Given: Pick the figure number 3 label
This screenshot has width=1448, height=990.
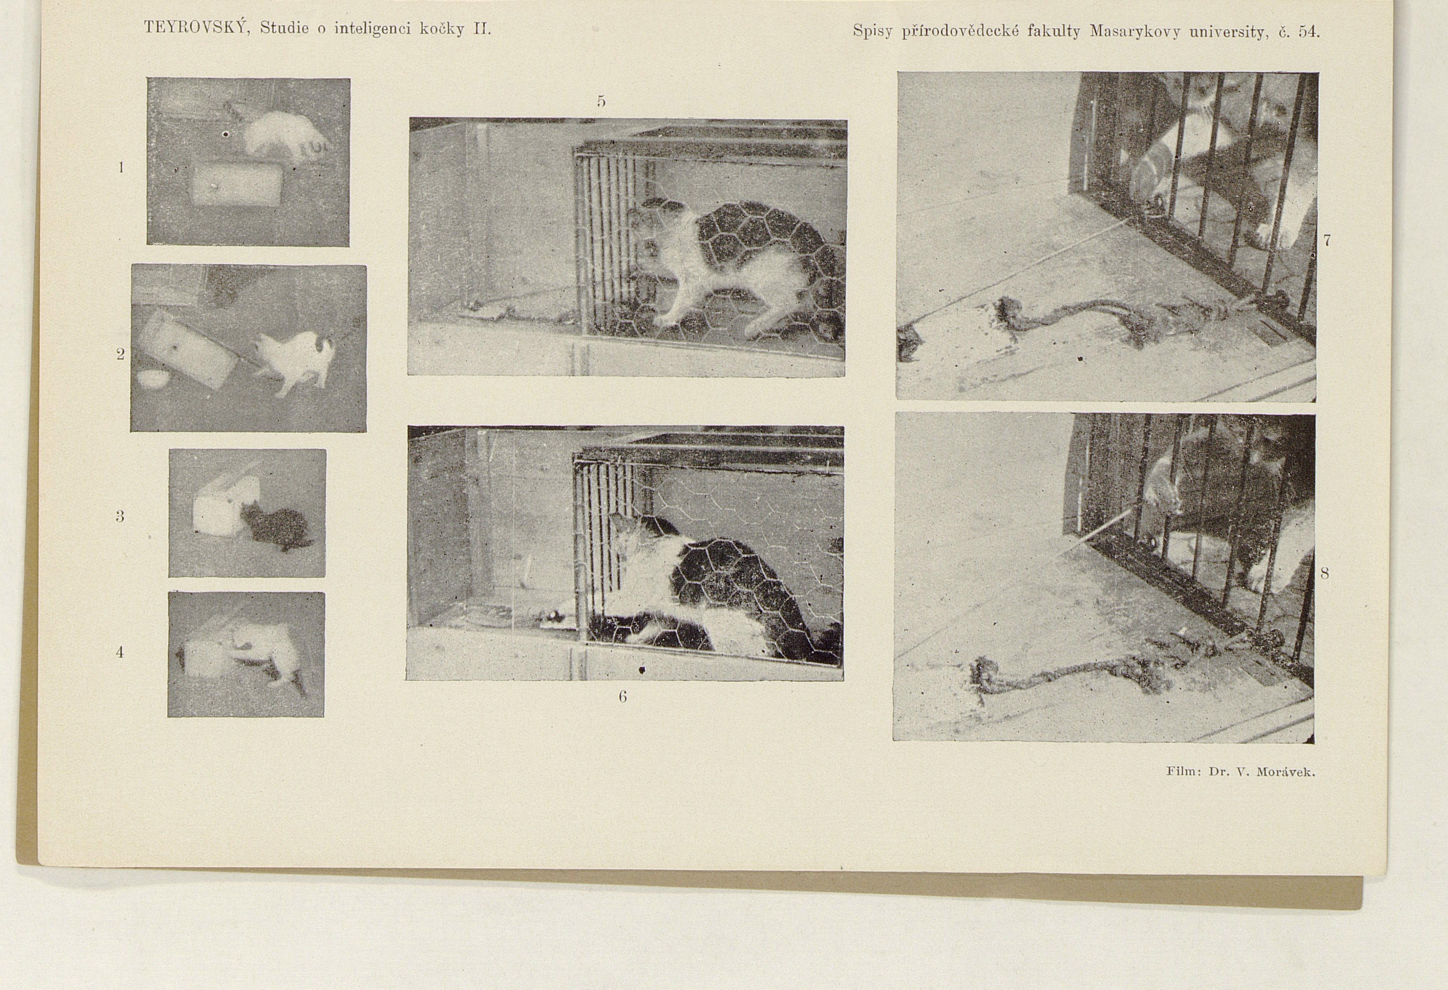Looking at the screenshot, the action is (x=120, y=516).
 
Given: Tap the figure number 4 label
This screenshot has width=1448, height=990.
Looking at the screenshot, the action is (x=120, y=652).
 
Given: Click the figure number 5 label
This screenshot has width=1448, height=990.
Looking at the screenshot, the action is (x=601, y=101).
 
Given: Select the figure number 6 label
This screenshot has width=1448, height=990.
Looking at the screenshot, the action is (x=622, y=697).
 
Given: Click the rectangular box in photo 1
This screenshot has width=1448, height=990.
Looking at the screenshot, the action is (x=237, y=184).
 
